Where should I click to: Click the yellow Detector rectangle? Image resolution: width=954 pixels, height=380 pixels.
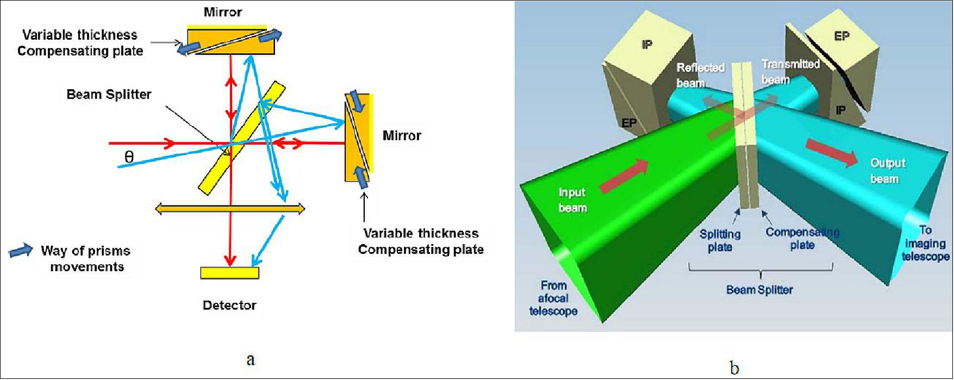tap(229, 272)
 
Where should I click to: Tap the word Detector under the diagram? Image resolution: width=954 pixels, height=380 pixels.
tap(229, 305)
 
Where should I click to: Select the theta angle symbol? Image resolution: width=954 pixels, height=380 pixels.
tap(129, 157)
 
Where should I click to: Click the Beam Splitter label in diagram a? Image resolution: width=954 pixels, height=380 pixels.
tap(109, 95)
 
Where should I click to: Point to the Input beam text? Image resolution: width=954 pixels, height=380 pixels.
tap(572, 200)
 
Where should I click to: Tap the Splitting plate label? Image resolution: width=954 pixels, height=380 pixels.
tap(720, 240)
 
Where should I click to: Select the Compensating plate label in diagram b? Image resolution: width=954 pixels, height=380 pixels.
tap(802, 239)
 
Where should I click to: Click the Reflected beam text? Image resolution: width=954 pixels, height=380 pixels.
tap(700, 75)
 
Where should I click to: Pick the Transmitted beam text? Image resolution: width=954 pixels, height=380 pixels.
tap(790, 72)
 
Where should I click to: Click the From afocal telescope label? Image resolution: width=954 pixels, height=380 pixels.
tap(553, 298)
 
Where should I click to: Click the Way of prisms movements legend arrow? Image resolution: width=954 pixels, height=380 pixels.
tap(21, 252)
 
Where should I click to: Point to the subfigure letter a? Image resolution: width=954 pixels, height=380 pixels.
tap(251, 359)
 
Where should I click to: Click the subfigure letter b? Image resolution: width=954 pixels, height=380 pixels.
tap(734, 368)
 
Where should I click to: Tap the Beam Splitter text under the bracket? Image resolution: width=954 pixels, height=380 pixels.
tap(759, 290)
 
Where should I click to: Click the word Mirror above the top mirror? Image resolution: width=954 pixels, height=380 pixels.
tap(223, 12)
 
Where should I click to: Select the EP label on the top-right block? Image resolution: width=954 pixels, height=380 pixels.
tap(841, 36)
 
